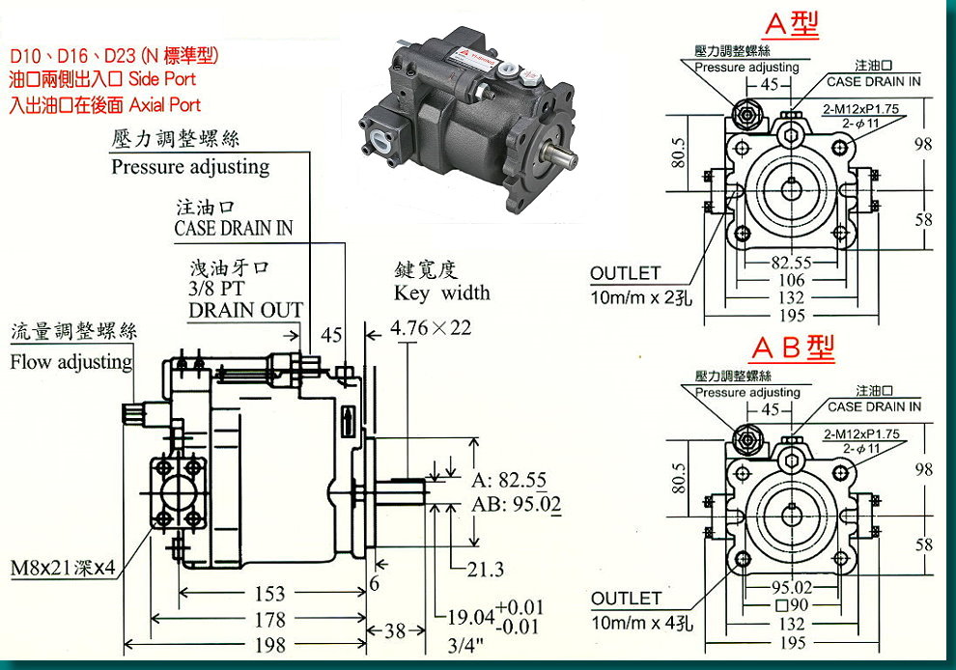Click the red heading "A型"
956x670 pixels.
click(791, 24)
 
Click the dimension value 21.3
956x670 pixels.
click(485, 570)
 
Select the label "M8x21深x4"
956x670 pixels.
click(63, 568)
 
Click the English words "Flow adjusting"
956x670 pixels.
click(70, 363)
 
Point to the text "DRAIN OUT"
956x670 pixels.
click(245, 310)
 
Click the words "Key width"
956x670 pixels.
click(442, 293)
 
